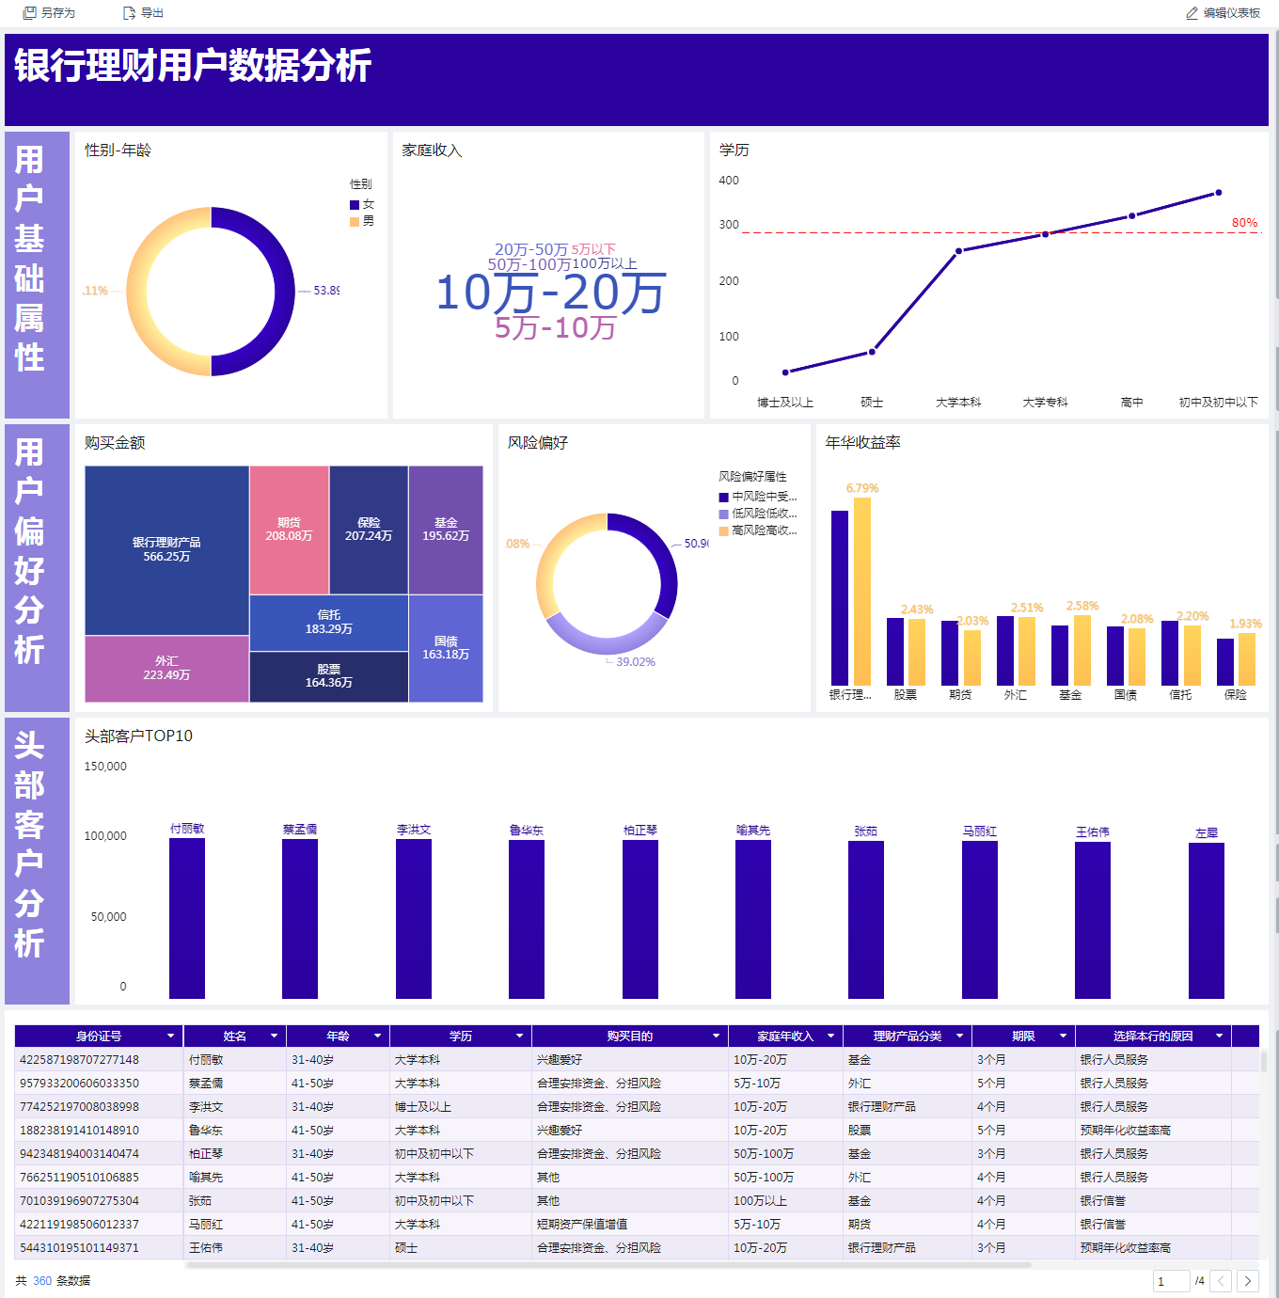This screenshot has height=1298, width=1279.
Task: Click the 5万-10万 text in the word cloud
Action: click(x=555, y=328)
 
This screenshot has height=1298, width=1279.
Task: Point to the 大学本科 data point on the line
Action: click(x=958, y=251)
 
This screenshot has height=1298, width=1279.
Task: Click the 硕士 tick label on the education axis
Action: click(x=872, y=403)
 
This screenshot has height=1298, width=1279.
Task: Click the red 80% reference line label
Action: click(x=1244, y=223)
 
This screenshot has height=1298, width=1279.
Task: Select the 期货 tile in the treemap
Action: click(x=289, y=530)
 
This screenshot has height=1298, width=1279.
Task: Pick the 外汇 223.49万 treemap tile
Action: click(x=166, y=669)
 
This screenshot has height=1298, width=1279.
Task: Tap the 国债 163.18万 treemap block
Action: click(x=446, y=648)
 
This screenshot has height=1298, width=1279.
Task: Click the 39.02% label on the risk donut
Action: click(x=636, y=662)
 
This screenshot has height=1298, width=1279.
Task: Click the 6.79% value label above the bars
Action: click(x=861, y=488)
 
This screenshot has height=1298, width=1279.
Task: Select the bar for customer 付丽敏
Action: click(x=187, y=917)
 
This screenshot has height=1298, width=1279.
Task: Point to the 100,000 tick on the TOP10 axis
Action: click(x=105, y=836)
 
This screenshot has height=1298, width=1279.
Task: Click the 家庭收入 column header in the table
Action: click(x=784, y=1037)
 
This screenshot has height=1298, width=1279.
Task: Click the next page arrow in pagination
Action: click(x=1247, y=1281)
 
